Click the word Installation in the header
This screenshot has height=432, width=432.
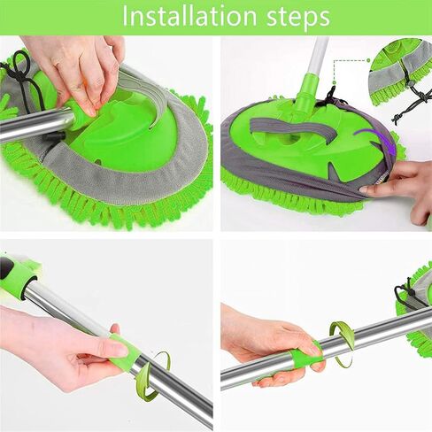pos(189,17)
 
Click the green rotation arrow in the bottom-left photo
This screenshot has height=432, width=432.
pos(157,374)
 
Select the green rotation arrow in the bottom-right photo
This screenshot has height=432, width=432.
pos(343,343)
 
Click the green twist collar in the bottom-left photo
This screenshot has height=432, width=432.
pos(124,352)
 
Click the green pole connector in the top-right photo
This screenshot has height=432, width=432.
pos(307,91)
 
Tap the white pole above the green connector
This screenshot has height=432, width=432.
pos(318,56)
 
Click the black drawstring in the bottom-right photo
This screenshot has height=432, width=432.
pos(410,292)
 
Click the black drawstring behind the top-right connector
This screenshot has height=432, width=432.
pos(330,96)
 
